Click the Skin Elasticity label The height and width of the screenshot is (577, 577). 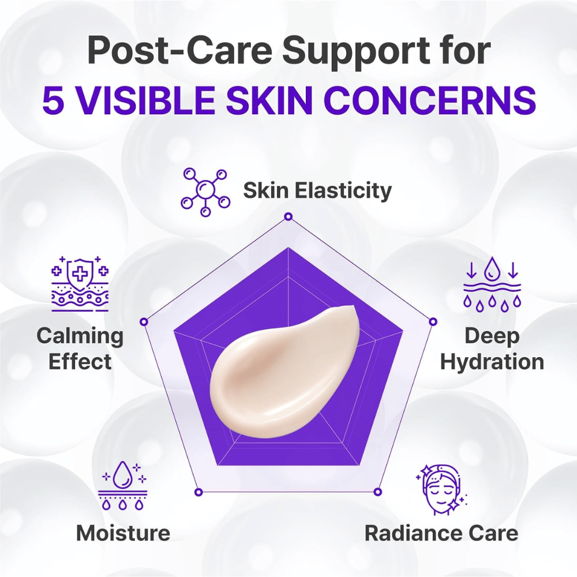point(317,190)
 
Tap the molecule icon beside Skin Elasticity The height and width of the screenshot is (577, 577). point(205,192)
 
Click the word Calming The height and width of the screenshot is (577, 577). point(80,335)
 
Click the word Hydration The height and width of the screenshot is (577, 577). point(492,362)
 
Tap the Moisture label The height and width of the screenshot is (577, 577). point(123,533)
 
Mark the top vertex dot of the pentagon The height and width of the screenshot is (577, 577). point(288,217)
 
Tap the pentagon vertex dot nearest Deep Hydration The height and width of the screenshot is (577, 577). point(433,321)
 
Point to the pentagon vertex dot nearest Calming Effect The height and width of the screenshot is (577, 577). point(144,321)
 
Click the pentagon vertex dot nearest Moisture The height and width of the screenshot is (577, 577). point(198,492)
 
